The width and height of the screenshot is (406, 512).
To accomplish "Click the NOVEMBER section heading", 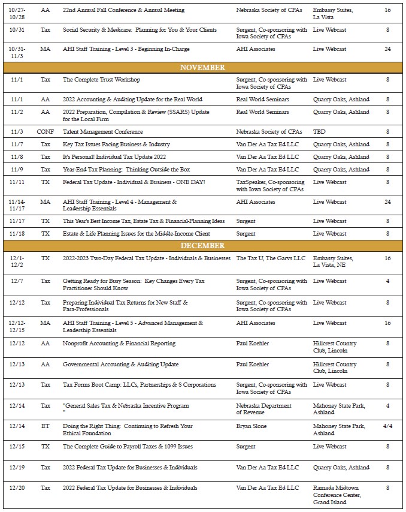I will click(202, 68).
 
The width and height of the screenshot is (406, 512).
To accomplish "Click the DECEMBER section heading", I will click(202, 246).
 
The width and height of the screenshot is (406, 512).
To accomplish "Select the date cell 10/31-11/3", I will click(17, 52).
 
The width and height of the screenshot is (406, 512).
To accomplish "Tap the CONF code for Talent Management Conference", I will click(45, 132).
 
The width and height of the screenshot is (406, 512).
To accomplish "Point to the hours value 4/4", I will click(387, 426).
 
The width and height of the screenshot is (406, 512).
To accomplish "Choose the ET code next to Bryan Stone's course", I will click(45, 426).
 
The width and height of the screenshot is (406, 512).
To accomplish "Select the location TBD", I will click(319, 132).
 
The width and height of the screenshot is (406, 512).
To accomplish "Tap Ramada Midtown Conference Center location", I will click(337, 495).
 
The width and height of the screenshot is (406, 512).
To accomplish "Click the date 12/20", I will click(17, 488).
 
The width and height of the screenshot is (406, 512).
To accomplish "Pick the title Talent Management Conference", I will click(102, 132).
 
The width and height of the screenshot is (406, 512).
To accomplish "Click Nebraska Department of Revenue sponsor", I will click(263, 409).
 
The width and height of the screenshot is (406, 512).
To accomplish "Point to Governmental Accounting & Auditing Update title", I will click(120, 365).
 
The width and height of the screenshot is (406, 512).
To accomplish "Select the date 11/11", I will click(17, 182).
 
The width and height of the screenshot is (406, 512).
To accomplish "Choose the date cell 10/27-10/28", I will click(17, 14).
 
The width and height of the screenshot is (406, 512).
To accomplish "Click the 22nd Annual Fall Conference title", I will click(123, 11).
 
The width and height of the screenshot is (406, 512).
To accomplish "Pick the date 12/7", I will click(17, 281).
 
